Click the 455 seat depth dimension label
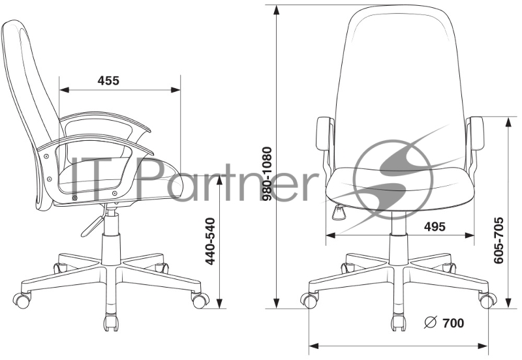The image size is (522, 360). click(x=108, y=80)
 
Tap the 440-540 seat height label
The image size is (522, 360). click(x=210, y=241)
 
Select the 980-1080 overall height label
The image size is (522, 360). click(x=267, y=174)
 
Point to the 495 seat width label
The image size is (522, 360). click(x=435, y=226)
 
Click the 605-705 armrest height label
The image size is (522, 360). click(x=499, y=241)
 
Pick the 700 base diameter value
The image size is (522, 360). click(x=453, y=323)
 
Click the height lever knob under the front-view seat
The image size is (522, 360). click(x=339, y=213)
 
